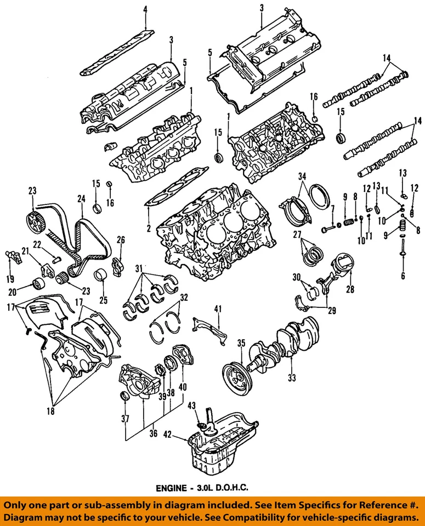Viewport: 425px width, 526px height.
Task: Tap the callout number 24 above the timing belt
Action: [81, 199]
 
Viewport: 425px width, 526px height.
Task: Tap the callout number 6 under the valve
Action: [403, 276]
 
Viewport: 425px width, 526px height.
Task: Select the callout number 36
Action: [153, 433]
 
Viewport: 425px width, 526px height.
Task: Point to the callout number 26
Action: [121, 239]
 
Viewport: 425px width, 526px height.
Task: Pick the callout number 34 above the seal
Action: [301, 176]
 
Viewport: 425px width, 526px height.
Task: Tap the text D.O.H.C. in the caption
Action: [236, 487]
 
